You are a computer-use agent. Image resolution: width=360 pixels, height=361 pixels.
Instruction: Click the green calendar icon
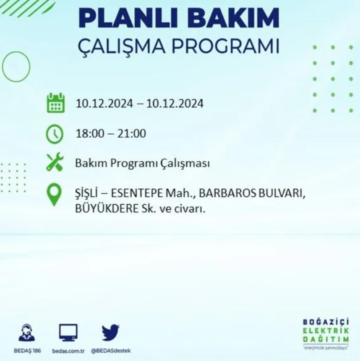click(56, 103)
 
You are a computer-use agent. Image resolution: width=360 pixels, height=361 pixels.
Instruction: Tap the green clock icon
click(55, 133)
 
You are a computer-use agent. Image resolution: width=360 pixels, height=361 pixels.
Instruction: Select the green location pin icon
click(54, 195)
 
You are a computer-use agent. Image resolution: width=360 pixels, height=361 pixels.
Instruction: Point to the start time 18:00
click(88, 133)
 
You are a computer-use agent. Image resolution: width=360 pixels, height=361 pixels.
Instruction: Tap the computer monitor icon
click(68, 333)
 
